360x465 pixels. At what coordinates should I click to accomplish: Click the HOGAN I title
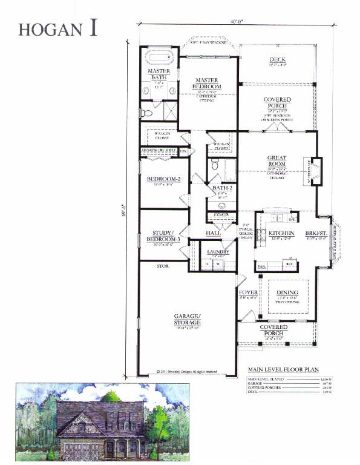(58, 28)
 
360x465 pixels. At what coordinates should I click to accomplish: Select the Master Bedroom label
(209, 84)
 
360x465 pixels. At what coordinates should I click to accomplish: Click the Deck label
(278, 59)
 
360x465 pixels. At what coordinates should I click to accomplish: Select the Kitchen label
(281, 233)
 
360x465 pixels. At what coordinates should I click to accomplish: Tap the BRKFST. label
(316, 233)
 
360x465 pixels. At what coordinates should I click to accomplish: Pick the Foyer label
(249, 292)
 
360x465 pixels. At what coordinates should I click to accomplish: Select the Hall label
(212, 232)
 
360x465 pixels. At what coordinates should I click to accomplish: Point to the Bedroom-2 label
(164, 179)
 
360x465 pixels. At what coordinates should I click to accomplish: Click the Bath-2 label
(220, 188)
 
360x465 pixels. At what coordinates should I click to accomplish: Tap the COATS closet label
(220, 214)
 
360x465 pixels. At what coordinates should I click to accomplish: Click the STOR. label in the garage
(163, 266)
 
